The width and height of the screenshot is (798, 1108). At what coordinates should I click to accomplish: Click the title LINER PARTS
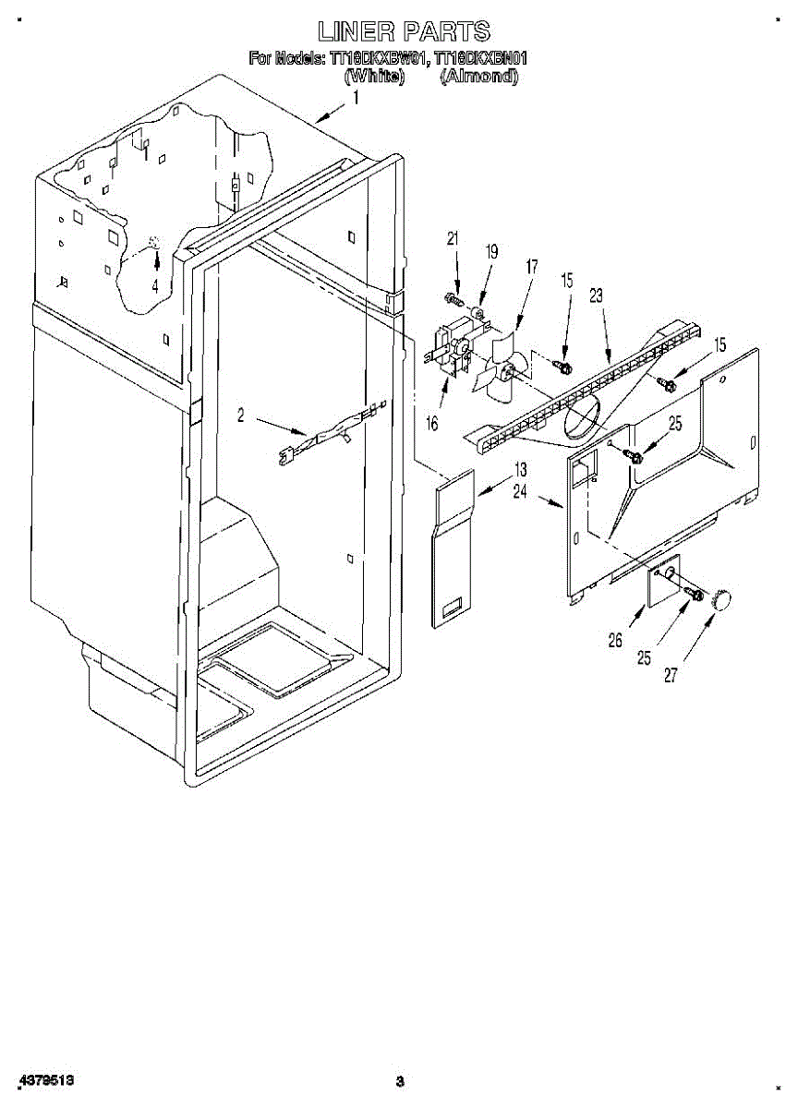tap(404, 32)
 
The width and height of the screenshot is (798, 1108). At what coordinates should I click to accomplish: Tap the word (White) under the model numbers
tap(374, 78)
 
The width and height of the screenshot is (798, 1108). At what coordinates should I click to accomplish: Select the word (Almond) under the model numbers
tap(478, 78)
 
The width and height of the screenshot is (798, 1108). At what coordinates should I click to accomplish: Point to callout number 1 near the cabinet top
tap(356, 97)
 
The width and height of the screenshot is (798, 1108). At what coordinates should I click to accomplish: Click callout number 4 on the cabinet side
tap(155, 286)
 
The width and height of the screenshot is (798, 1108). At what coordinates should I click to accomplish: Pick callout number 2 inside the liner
tap(241, 416)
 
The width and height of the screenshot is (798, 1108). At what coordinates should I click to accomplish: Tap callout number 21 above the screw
tap(453, 239)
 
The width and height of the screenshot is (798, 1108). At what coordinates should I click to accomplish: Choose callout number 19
tap(491, 250)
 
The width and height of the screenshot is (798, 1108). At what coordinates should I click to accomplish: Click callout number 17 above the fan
tap(531, 267)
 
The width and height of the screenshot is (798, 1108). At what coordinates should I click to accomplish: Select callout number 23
tap(596, 296)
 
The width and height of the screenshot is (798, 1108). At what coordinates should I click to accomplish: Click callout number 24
tap(520, 492)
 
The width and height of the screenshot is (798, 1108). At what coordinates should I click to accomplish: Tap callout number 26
tap(616, 640)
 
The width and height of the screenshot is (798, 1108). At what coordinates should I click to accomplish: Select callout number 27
tap(671, 675)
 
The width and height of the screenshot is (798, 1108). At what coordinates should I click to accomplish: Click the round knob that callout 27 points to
tap(721, 598)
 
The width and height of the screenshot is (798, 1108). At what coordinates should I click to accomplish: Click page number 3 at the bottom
tap(399, 1081)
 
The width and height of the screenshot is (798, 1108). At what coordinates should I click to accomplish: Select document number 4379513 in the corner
tap(43, 1079)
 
